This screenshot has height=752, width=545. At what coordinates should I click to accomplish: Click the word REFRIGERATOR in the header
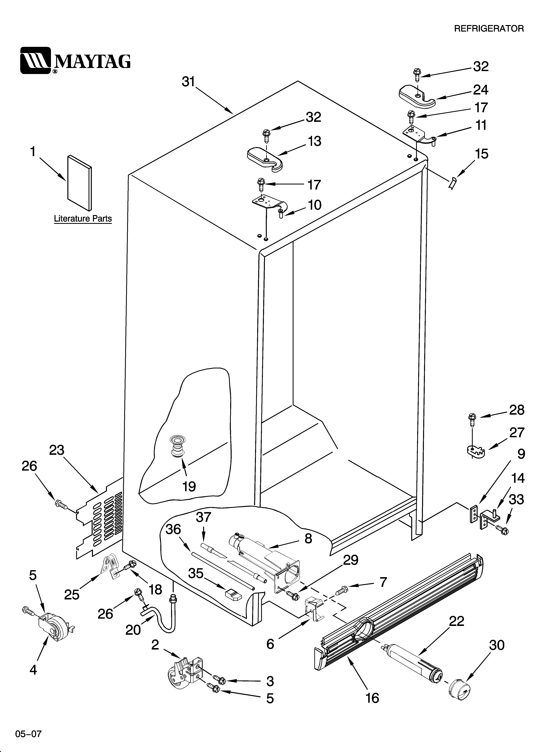(489, 29)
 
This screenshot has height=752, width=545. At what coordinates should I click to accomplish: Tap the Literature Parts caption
(83, 219)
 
